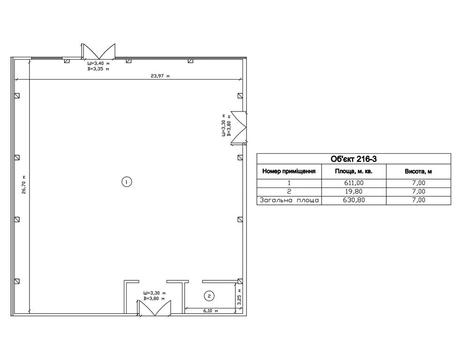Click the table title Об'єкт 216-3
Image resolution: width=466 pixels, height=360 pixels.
[353, 159]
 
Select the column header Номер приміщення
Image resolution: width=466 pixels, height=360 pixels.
[289, 171]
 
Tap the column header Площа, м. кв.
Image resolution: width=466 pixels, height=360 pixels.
[353, 171]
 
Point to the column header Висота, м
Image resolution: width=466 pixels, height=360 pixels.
[418, 171]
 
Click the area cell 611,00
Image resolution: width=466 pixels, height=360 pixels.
[353, 183]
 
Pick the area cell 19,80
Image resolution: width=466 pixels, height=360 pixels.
[353, 191]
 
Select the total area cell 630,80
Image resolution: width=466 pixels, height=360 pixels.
[353, 200]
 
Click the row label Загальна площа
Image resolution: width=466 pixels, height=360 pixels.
[289, 200]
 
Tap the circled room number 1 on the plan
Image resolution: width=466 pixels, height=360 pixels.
[127, 181]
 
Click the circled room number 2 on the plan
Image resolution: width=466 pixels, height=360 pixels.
[210, 296]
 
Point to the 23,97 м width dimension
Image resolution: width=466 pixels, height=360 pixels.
[160, 76]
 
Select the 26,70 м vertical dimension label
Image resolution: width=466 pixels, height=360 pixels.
[24, 185]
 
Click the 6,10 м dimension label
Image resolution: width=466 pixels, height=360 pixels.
[210, 311]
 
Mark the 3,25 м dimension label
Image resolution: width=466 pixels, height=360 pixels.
[240, 296]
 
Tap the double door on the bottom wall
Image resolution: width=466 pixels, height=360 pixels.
[154, 308]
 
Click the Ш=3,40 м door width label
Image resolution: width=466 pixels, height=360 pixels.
[98, 63]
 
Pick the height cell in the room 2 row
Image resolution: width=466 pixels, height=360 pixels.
[419, 191]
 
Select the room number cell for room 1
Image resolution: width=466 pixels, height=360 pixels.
[289, 183]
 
